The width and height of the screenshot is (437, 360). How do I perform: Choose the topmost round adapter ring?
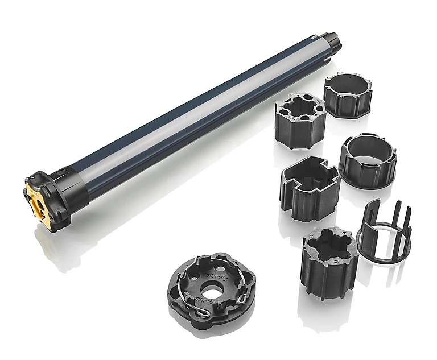[x=348, y=94]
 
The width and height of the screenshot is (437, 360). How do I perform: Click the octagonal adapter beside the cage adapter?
[x=329, y=256]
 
